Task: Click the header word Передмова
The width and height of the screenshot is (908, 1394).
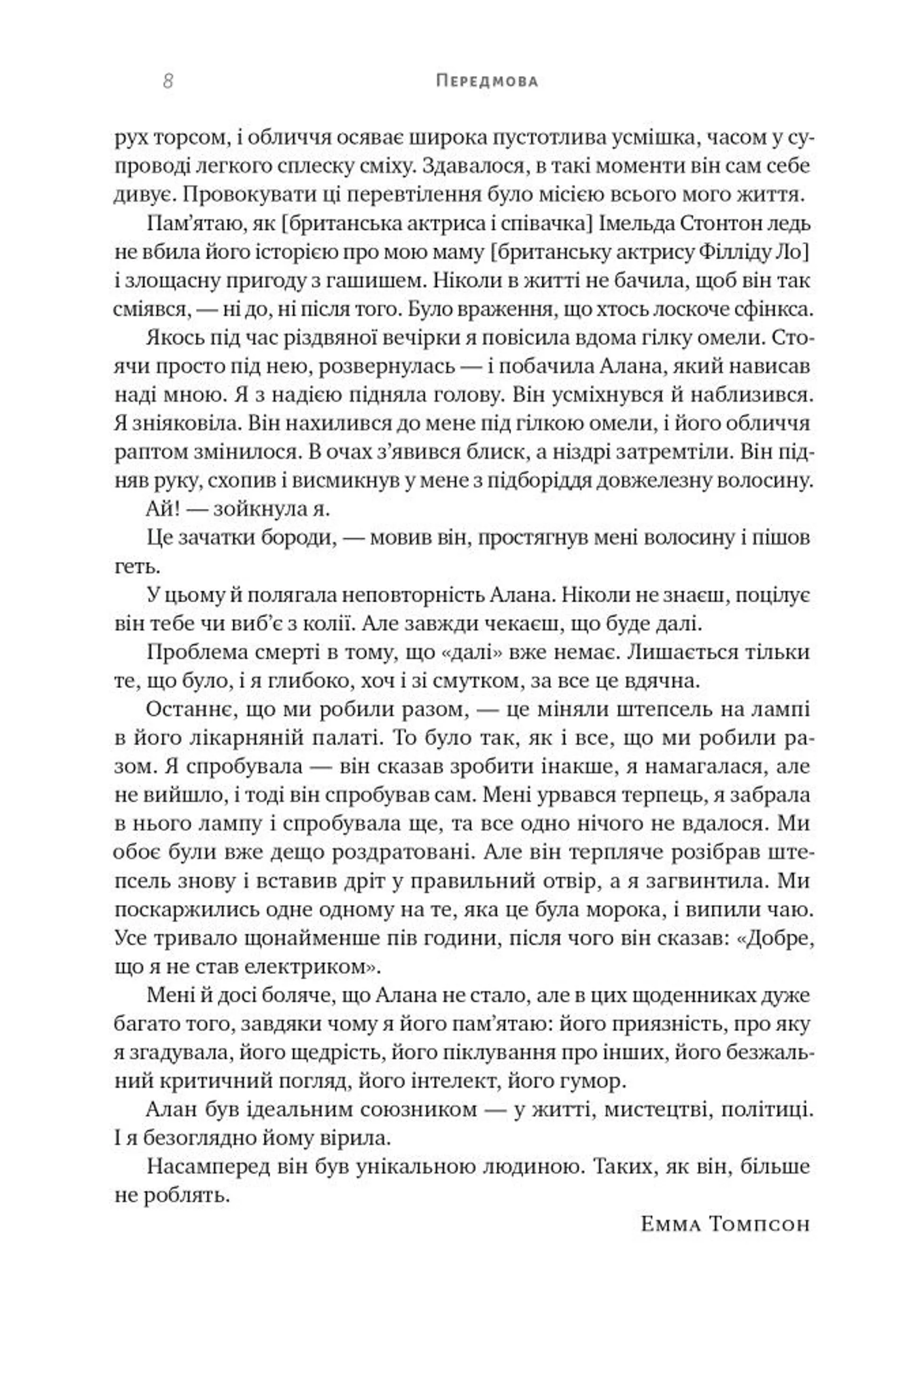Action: tap(487, 81)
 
